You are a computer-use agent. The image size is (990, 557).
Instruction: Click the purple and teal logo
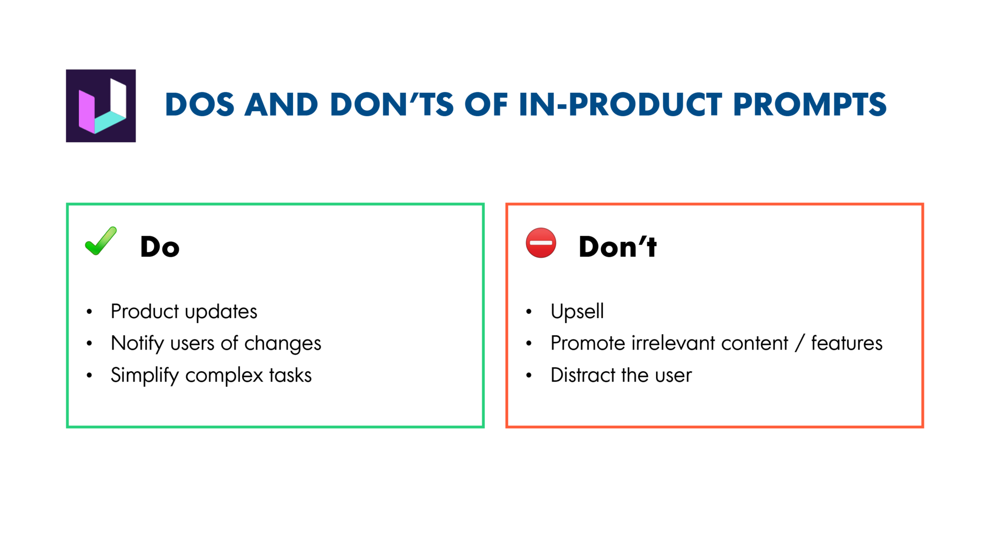click(101, 105)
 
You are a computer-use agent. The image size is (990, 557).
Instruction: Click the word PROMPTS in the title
click(810, 104)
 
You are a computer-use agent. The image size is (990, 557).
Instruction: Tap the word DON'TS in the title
click(392, 104)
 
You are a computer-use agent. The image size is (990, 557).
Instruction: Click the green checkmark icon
click(101, 241)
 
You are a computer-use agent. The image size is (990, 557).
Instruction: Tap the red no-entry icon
click(540, 243)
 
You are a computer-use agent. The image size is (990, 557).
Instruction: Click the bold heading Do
click(160, 247)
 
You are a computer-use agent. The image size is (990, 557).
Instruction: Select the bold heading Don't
click(617, 247)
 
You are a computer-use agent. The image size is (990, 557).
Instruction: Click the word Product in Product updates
click(145, 311)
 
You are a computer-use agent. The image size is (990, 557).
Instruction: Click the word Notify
click(138, 344)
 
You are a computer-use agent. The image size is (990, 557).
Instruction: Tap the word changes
click(282, 344)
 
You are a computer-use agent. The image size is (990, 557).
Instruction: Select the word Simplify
click(145, 376)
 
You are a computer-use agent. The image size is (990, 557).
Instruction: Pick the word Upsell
click(577, 311)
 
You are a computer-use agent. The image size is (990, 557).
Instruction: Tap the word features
click(846, 343)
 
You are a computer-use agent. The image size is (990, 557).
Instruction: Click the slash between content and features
click(800, 343)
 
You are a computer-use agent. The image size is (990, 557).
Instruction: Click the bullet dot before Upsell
click(529, 312)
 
